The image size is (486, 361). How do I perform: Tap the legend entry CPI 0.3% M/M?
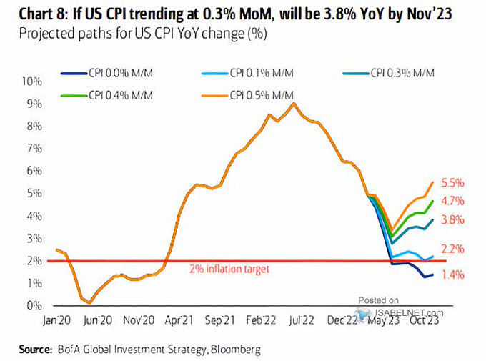coord(400,71)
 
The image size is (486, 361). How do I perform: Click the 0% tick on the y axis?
coord(36,306)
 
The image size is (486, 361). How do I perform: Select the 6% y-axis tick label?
coord(36,171)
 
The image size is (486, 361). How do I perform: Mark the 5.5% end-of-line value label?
coord(452,182)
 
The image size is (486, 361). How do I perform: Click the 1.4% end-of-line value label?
coord(452,275)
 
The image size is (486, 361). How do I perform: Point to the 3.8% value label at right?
coord(452,220)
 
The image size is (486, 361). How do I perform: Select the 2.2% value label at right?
coord(452,249)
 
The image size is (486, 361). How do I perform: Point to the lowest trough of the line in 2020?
coord(89,302)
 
